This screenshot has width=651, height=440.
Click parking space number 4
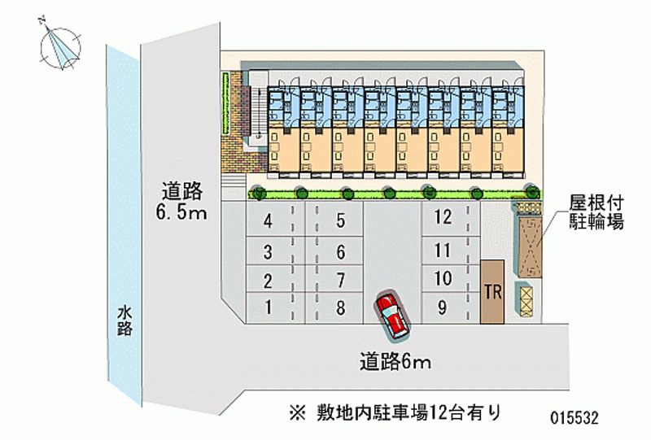pyautogui.click(x=267, y=221)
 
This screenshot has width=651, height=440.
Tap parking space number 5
pyautogui.click(x=341, y=221)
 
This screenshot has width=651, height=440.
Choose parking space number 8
pyautogui.click(x=341, y=307)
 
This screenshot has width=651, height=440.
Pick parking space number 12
pyautogui.click(x=443, y=217)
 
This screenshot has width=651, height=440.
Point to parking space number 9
pyautogui.click(x=443, y=307)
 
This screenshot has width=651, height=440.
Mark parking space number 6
pyautogui.click(x=341, y=251)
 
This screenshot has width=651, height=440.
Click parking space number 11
pyautogui.click(x=443, y=249)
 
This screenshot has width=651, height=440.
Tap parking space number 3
pyautogui.click(x=267, y=251)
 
